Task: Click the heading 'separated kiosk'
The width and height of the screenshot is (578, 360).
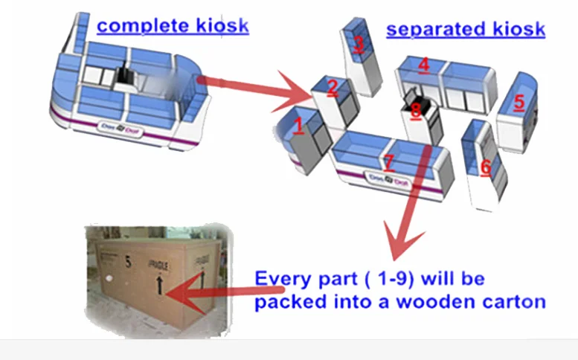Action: [465, 30]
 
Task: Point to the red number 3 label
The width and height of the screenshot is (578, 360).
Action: [359, 44]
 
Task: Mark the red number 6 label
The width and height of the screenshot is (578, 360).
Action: [485, 167]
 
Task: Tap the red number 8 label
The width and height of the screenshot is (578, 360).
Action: [415, 111]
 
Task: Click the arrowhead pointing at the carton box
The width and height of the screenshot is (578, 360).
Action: [177, 294]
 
